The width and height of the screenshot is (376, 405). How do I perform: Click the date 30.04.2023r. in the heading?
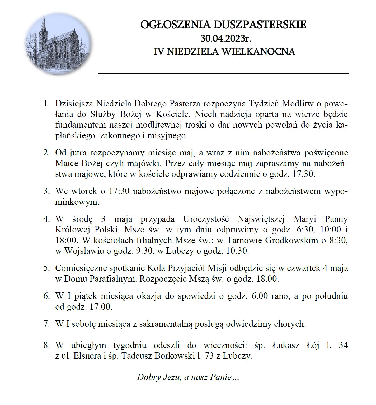tap(225, 38)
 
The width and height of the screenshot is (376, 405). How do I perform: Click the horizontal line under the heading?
tap(223, 73)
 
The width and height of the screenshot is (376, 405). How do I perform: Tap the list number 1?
tap(46, 103)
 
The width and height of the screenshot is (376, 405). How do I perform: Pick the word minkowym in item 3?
tap(77, 202)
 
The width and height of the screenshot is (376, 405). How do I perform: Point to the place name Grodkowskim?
tap(288, 240)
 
